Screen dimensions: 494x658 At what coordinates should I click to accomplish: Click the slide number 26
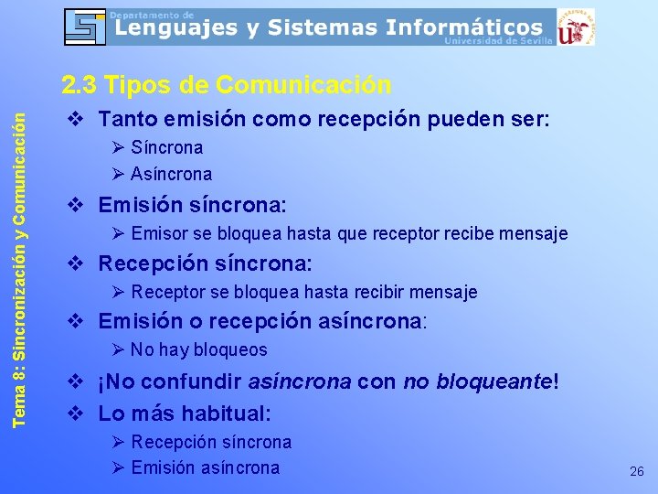click(x=637, y=472)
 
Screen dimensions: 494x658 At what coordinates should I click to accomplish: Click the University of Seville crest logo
click(x=576, y=27)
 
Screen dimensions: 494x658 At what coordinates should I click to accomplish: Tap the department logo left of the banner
click(x=85, y=27)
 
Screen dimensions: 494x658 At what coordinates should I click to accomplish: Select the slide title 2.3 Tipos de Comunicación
click(x=227, y=85)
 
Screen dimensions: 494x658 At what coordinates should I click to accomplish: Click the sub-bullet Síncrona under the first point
click(x=166, y=147)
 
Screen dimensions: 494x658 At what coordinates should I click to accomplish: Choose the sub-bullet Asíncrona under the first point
click(x=171, y=174)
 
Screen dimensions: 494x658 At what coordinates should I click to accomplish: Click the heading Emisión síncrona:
click(x=192, y=204)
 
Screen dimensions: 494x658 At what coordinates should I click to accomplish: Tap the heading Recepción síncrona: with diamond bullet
click(x=205, y=263)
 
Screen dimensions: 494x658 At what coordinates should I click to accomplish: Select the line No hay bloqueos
click(x=198, y=349)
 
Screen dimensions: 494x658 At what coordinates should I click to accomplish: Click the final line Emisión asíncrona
click(x=205, y=467)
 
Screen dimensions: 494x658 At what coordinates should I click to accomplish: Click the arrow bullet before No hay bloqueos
click(x=117, y=349)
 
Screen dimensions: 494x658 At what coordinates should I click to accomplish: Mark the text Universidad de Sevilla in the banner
click(x=498, y=41)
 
